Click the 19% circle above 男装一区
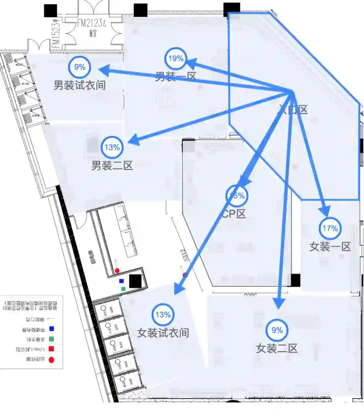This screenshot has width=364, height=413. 176,59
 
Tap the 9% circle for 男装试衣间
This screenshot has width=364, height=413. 80,67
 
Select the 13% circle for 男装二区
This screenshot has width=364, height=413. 112,147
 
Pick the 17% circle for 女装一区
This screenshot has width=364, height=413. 330,228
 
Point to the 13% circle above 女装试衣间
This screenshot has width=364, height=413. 163,315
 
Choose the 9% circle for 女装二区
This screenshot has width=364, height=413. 277,330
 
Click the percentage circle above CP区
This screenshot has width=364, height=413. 237,196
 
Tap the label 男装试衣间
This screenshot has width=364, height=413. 80,85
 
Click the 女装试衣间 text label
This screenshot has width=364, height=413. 163,333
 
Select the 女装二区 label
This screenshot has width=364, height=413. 277,348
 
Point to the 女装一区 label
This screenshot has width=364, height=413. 330,246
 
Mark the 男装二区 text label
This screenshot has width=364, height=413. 112,166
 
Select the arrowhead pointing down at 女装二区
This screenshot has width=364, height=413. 279,303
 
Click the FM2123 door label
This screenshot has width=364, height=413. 91,23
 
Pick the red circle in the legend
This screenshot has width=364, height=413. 52,359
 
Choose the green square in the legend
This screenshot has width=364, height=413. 52,339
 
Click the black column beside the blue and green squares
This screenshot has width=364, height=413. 135,281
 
